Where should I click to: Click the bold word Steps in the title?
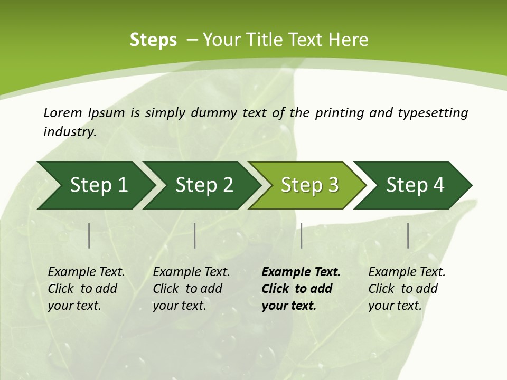(153, 40)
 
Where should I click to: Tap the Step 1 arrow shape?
(97, 185)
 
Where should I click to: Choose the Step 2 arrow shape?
(203, 185)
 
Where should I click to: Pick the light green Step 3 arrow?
(308, 185)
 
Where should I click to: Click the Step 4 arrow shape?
(414, 185)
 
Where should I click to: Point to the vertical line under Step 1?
(89, 235)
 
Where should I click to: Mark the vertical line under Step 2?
(195, 235)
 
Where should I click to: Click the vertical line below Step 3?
(302, 235)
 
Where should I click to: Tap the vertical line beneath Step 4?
(408, 235)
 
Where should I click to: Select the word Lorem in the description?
(63, 113)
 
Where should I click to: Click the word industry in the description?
(70, 132)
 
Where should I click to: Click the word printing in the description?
(339, 113)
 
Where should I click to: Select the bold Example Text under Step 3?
(301, 272)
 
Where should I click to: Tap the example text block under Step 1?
(86, 289)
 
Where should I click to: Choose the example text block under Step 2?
(191, 289)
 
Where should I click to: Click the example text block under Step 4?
(407, 289)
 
